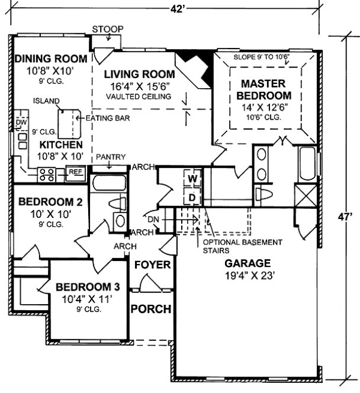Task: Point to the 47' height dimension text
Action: (348, 217)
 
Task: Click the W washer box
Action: (192, 178)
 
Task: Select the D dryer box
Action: (192, 196)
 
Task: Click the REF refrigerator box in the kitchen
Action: (75, 172)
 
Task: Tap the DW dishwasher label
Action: (21, 123)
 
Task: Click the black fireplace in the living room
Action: (191, 61)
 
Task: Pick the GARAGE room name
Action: (247, 263)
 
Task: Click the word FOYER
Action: (152, 265)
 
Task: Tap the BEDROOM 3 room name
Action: (88, 287)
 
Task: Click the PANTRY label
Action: (111, 157)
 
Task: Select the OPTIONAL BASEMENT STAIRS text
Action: (242, 246)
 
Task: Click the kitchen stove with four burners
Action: (47, 174)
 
